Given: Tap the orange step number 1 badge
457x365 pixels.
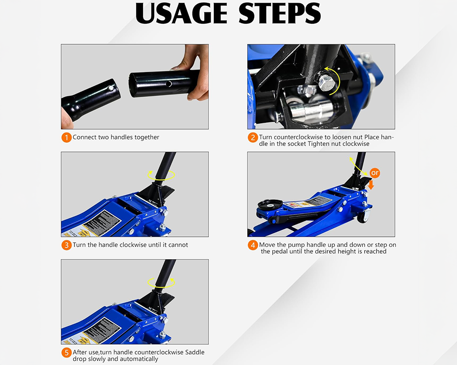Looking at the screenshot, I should (x=67, y=137).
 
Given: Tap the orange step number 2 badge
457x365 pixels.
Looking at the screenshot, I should (x=253, y=137).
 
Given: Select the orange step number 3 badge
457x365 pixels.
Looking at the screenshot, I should (x=67, y=245).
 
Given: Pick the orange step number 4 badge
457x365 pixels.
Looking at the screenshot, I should (x=253, y=245).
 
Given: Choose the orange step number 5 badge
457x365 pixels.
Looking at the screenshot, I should (x=67, y=353).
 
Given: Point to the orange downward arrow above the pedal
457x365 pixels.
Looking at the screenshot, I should (x=371, y=184).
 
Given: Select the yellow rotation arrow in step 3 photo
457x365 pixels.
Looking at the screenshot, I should (x=161, y=174).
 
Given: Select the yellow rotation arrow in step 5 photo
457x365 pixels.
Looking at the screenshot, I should (x=161, y=282).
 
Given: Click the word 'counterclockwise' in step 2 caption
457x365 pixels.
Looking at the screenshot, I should (x=298, y=137).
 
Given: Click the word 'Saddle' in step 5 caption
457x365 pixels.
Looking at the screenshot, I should (x=193, y=352).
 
